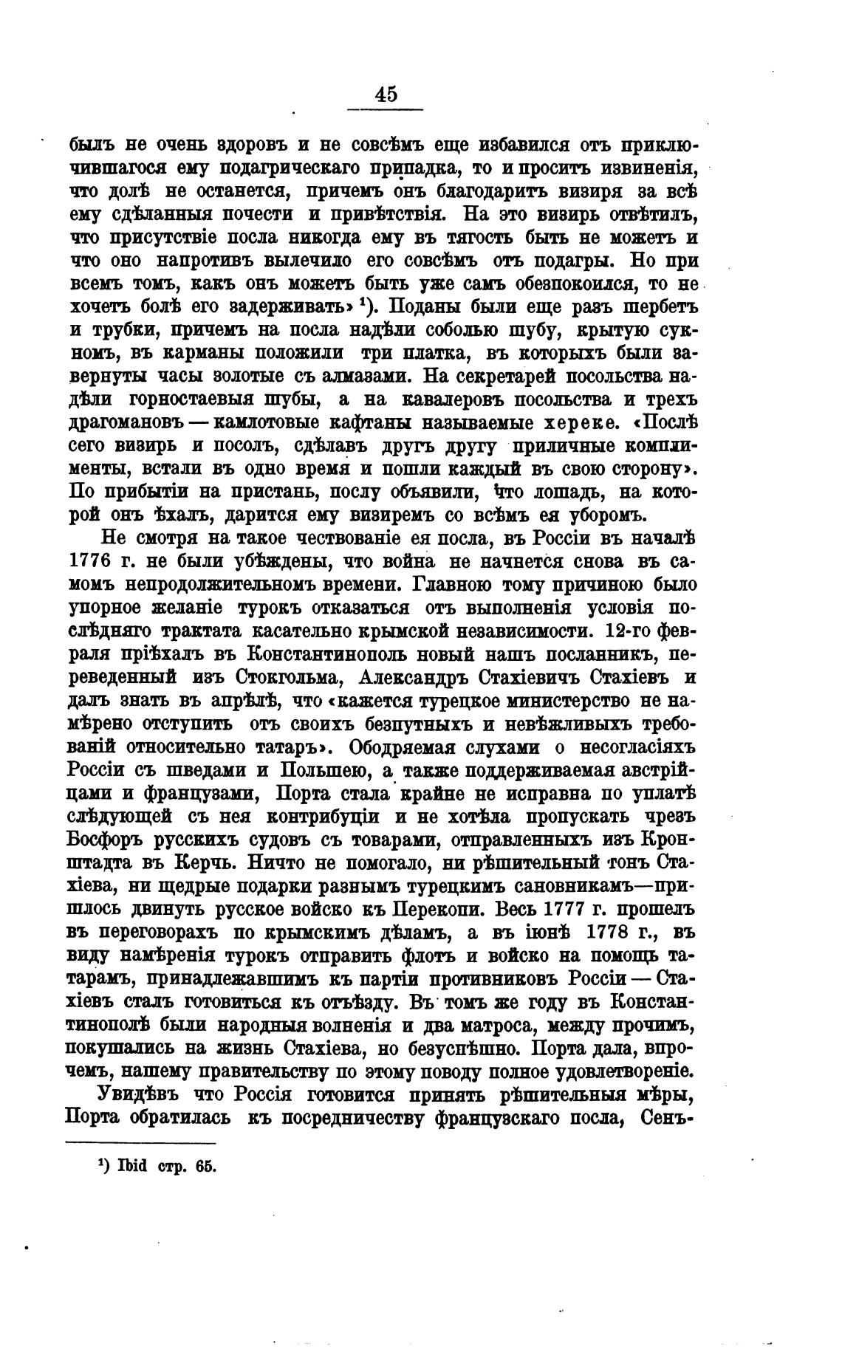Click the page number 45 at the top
386,95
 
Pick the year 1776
93,560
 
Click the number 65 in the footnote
204,1166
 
